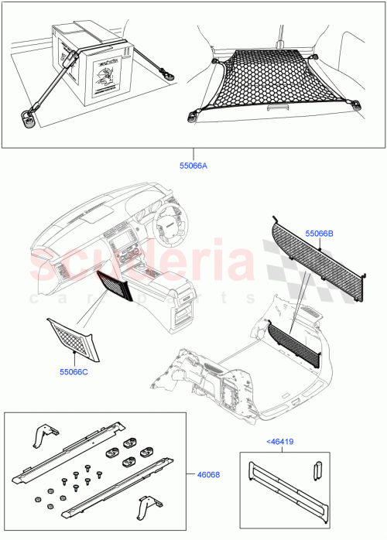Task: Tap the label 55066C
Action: pos(75,372)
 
